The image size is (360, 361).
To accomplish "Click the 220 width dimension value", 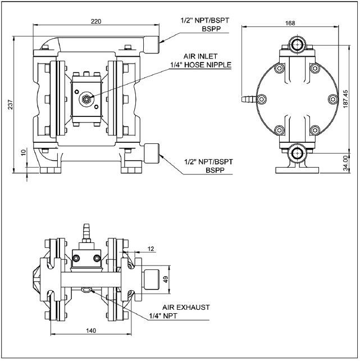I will [97, 21].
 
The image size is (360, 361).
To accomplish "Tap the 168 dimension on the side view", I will [290, 23].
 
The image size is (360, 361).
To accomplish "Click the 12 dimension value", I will [151, 248].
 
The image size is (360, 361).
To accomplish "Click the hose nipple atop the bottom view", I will [86, 230].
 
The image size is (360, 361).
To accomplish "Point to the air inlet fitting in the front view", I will [85, 98].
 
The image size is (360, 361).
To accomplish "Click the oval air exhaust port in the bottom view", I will [86, 290].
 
